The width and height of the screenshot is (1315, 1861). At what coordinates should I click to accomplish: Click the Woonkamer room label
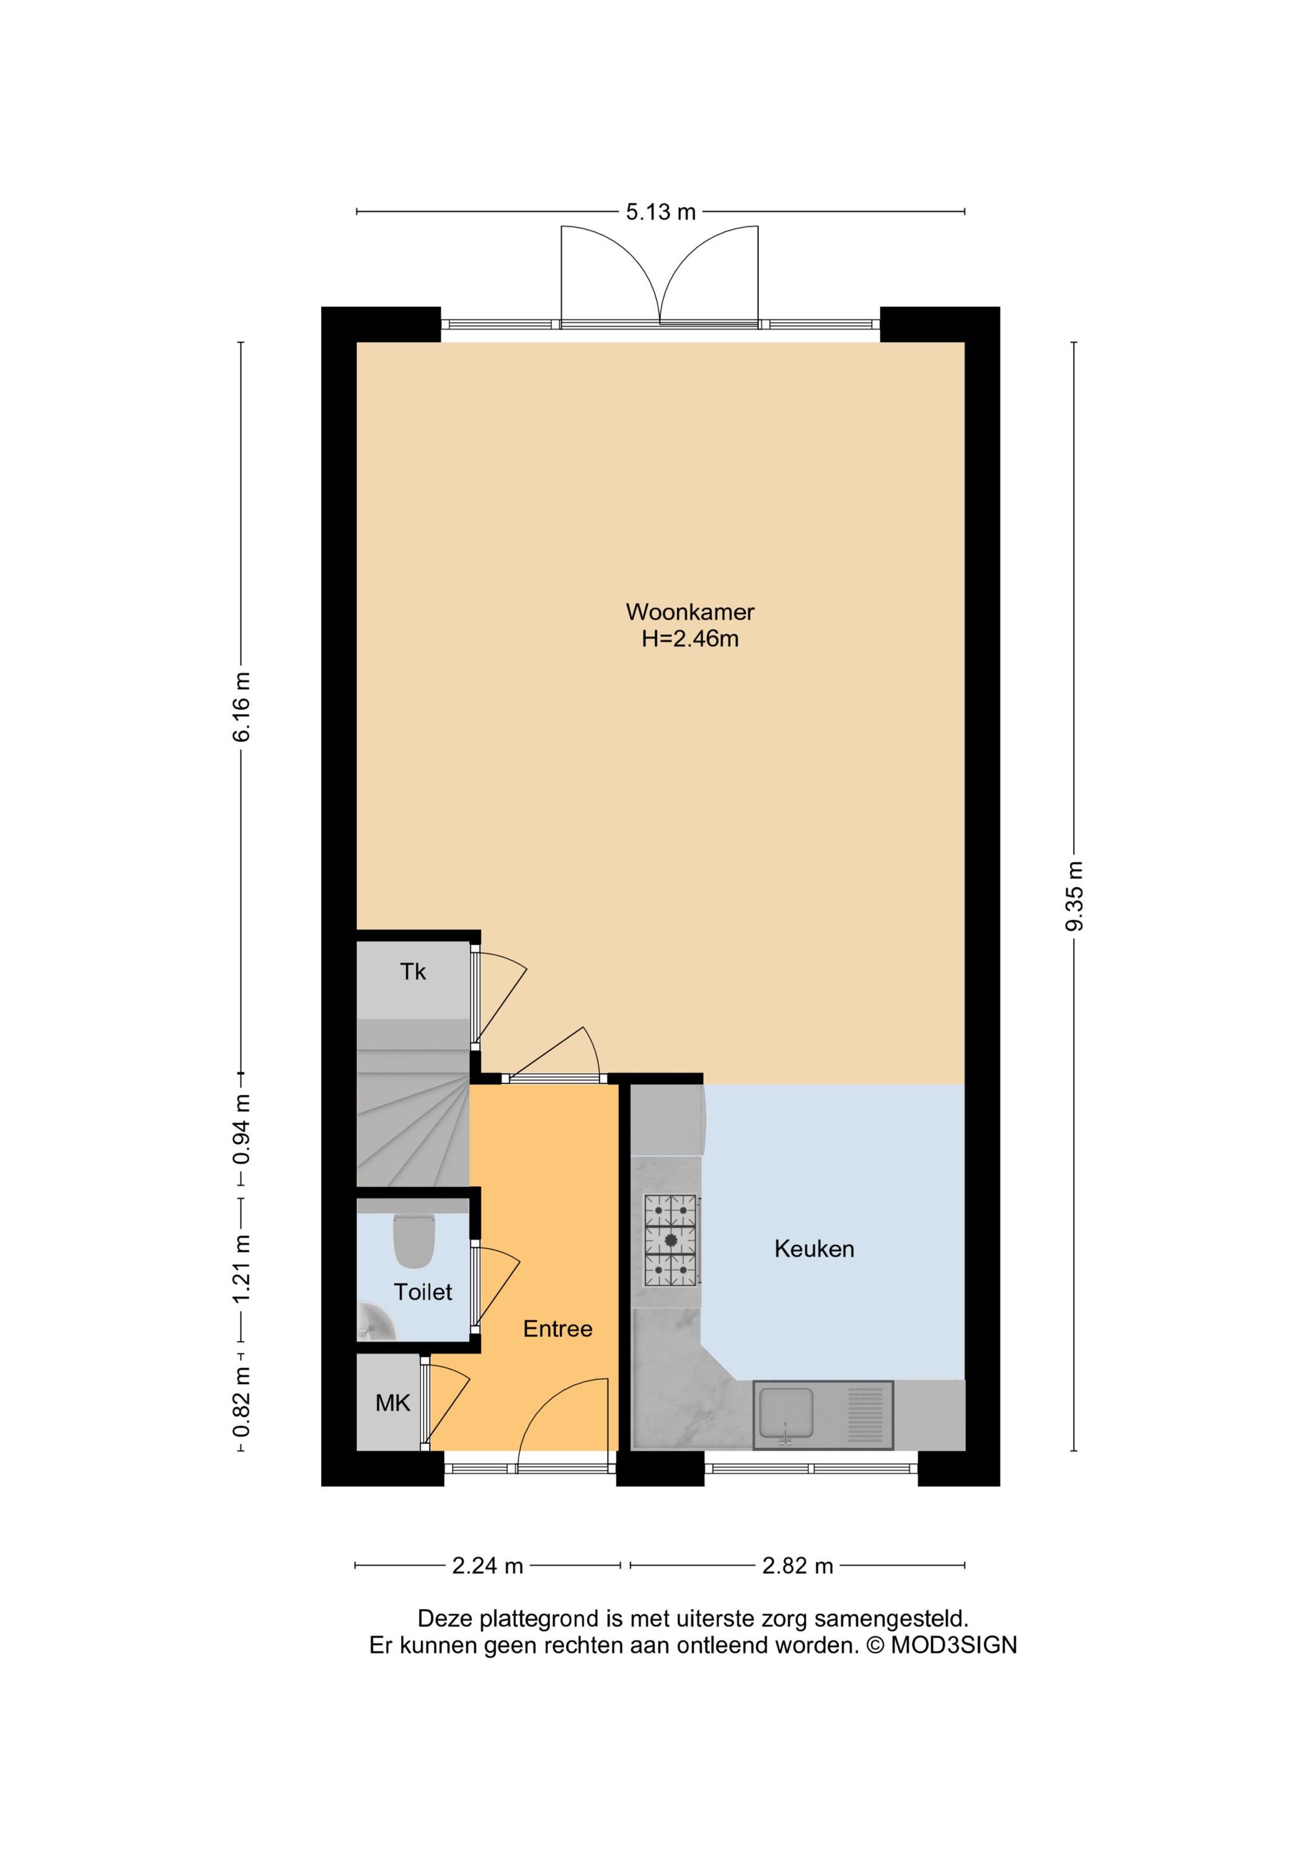click(689, 612)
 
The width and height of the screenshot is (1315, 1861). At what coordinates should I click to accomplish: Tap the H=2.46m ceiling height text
click(689, 639)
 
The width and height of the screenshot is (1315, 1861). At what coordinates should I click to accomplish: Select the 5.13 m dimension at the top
click(660, 212)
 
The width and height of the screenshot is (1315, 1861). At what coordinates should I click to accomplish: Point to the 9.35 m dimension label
click(1074, 896)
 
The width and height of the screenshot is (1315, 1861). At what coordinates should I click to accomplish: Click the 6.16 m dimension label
click(241, 706)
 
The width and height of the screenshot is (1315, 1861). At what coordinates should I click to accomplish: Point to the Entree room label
click(557, 1329)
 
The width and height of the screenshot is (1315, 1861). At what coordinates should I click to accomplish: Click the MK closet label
click(393, 1403)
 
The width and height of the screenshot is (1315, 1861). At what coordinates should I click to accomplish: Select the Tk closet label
click(412, 972)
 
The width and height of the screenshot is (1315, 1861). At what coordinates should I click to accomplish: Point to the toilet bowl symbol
click(414, 1240)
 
